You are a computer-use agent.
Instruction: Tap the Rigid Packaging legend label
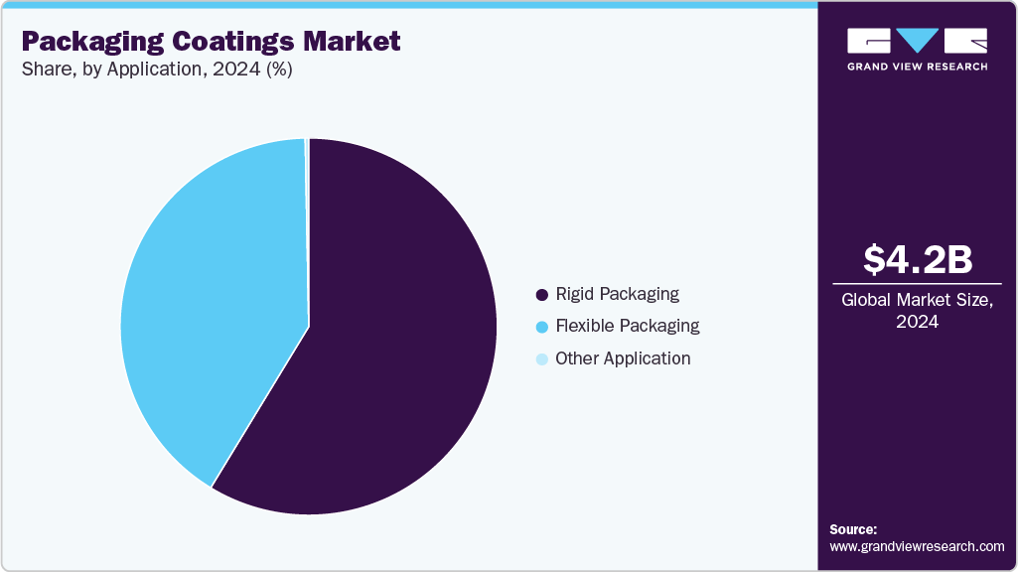(617, 294)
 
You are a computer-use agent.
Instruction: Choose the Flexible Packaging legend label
(627, 326)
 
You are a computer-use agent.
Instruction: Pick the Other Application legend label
(623, 358)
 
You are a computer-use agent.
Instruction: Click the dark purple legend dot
(541, 295)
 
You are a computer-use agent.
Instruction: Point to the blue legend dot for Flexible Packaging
(541, 327)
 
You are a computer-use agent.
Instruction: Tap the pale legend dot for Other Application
(541, 359)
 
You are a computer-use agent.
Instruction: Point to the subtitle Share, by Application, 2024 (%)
(156, 71)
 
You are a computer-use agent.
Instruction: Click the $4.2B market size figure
(917, 259)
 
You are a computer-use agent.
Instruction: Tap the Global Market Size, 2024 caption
(917, 310)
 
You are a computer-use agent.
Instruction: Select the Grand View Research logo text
(917, 67)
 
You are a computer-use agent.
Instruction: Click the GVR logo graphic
(917, 41)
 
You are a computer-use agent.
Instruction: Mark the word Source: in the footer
(853, 529)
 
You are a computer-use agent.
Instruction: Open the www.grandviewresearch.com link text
(917, 546)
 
